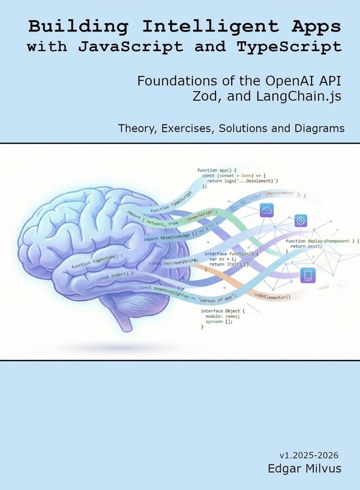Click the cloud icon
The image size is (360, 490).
click(266, 209)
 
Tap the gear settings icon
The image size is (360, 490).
click(301, 220)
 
